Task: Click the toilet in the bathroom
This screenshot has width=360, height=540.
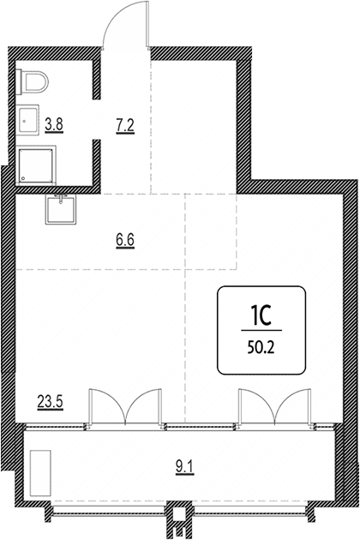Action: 33,81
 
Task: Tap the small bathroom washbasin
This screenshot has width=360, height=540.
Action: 28,120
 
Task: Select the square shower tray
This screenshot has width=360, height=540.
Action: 37,165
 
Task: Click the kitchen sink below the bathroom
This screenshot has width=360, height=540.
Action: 61,208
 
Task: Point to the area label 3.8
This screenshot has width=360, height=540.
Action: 54,124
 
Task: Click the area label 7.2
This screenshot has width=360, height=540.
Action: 124,126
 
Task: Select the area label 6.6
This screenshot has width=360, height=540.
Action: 124,240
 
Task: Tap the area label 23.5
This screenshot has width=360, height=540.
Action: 51,402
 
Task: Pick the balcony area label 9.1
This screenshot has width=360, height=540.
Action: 185,468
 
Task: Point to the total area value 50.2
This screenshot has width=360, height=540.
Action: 261,348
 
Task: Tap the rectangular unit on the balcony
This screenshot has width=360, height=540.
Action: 40,473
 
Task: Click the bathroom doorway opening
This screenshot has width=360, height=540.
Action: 96,119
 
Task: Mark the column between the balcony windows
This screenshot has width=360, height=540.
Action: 178,519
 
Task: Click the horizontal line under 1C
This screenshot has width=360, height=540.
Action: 261,330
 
